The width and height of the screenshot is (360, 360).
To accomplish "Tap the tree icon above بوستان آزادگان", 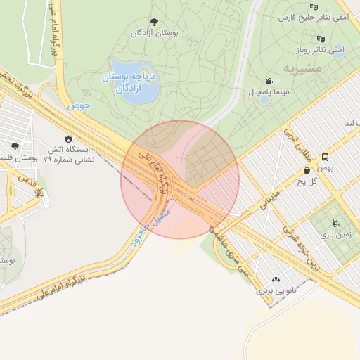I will point(154,22).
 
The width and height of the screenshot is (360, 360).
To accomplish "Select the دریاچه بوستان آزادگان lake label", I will point(131,83).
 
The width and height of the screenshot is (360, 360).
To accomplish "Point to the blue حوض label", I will point(79,106).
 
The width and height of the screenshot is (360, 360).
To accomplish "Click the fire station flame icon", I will point(69,139).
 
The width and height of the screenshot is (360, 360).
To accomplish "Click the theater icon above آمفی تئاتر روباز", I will point(321,39).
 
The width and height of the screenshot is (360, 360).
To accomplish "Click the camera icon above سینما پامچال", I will point(269,81).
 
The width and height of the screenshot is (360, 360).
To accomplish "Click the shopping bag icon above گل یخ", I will point(307,170).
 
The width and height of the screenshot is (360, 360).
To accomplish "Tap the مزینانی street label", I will point(271,200).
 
